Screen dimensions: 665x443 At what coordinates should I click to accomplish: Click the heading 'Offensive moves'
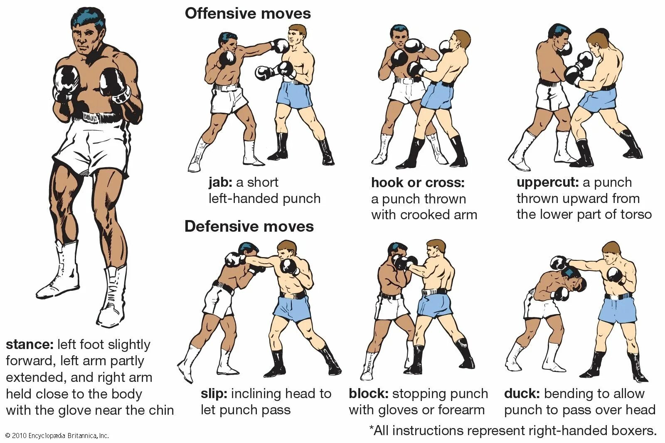[248, 14]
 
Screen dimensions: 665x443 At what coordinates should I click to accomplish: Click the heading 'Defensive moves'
[249, 226]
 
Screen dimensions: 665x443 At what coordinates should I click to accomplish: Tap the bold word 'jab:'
[220, 183]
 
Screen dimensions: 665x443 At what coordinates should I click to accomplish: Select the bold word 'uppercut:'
[547, 183]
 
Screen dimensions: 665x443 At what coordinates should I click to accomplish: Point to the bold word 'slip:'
[214, 394]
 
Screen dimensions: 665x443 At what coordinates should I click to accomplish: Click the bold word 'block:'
[368, 394]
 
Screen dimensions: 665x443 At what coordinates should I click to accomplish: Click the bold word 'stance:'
[30, 345]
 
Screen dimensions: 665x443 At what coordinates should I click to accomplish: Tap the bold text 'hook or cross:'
[418, 183]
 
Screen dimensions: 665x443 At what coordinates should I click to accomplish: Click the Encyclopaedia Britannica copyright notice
[57, 436]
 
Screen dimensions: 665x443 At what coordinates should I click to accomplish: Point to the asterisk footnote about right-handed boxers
[512, 431]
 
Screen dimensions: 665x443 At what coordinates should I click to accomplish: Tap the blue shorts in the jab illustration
[294, 94]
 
